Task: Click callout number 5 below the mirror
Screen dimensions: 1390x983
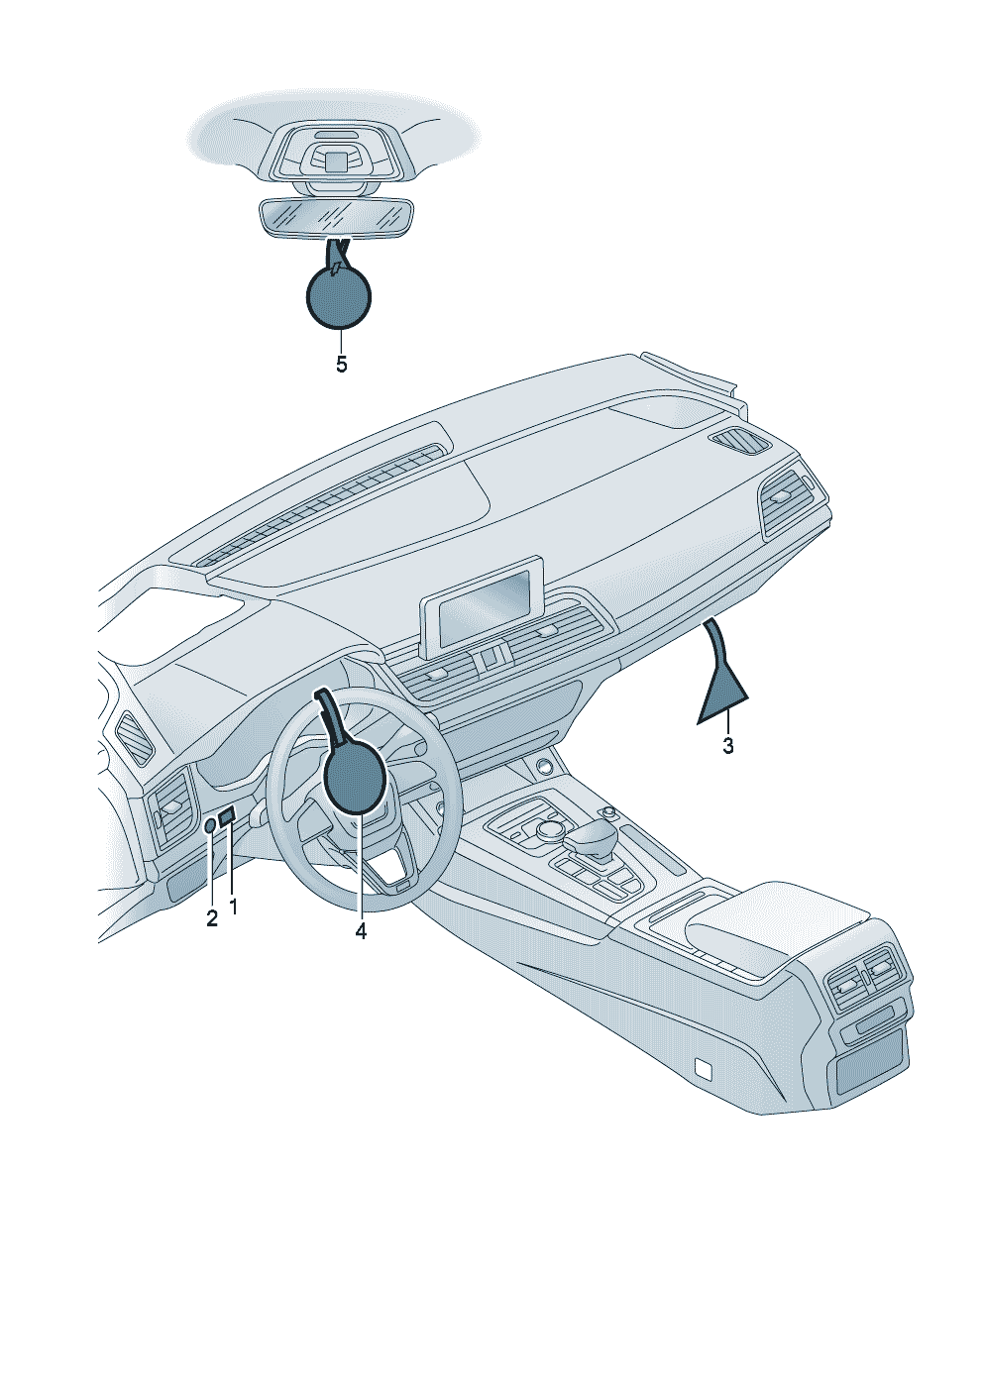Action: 341,365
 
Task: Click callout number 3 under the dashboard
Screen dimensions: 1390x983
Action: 727,746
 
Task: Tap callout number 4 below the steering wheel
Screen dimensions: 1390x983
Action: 361,931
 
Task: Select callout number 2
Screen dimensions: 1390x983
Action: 211,918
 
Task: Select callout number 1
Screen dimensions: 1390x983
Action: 234,906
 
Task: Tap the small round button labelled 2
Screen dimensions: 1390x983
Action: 210,825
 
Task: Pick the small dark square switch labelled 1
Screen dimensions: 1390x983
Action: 227,816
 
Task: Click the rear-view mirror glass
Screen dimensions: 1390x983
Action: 335,217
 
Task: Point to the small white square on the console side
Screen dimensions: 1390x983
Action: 704,1067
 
